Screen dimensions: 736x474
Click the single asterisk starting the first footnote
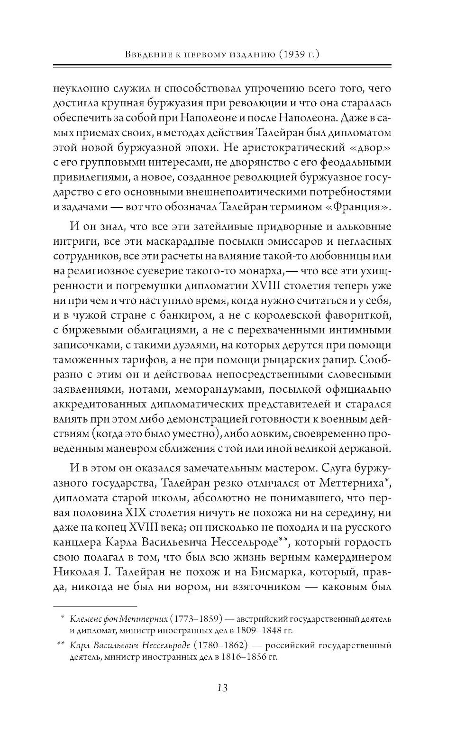(62, 618)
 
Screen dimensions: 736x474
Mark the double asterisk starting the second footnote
(60, 645)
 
